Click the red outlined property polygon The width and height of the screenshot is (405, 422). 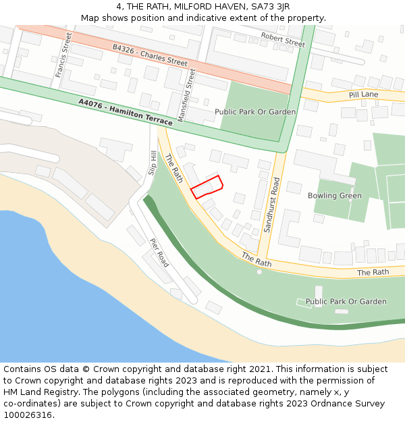207,186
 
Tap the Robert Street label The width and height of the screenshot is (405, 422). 283,40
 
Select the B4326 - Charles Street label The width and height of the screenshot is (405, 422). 150,55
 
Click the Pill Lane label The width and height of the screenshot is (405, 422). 364,95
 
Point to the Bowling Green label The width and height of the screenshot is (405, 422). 334,196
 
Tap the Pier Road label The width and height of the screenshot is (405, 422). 159,253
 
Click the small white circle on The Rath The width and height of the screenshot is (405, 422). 259,271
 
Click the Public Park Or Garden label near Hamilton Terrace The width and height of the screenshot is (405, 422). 255,111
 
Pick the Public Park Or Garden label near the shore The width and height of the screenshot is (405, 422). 346,302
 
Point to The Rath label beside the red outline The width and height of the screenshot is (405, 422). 174,168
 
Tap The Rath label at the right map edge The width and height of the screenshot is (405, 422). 373,272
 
